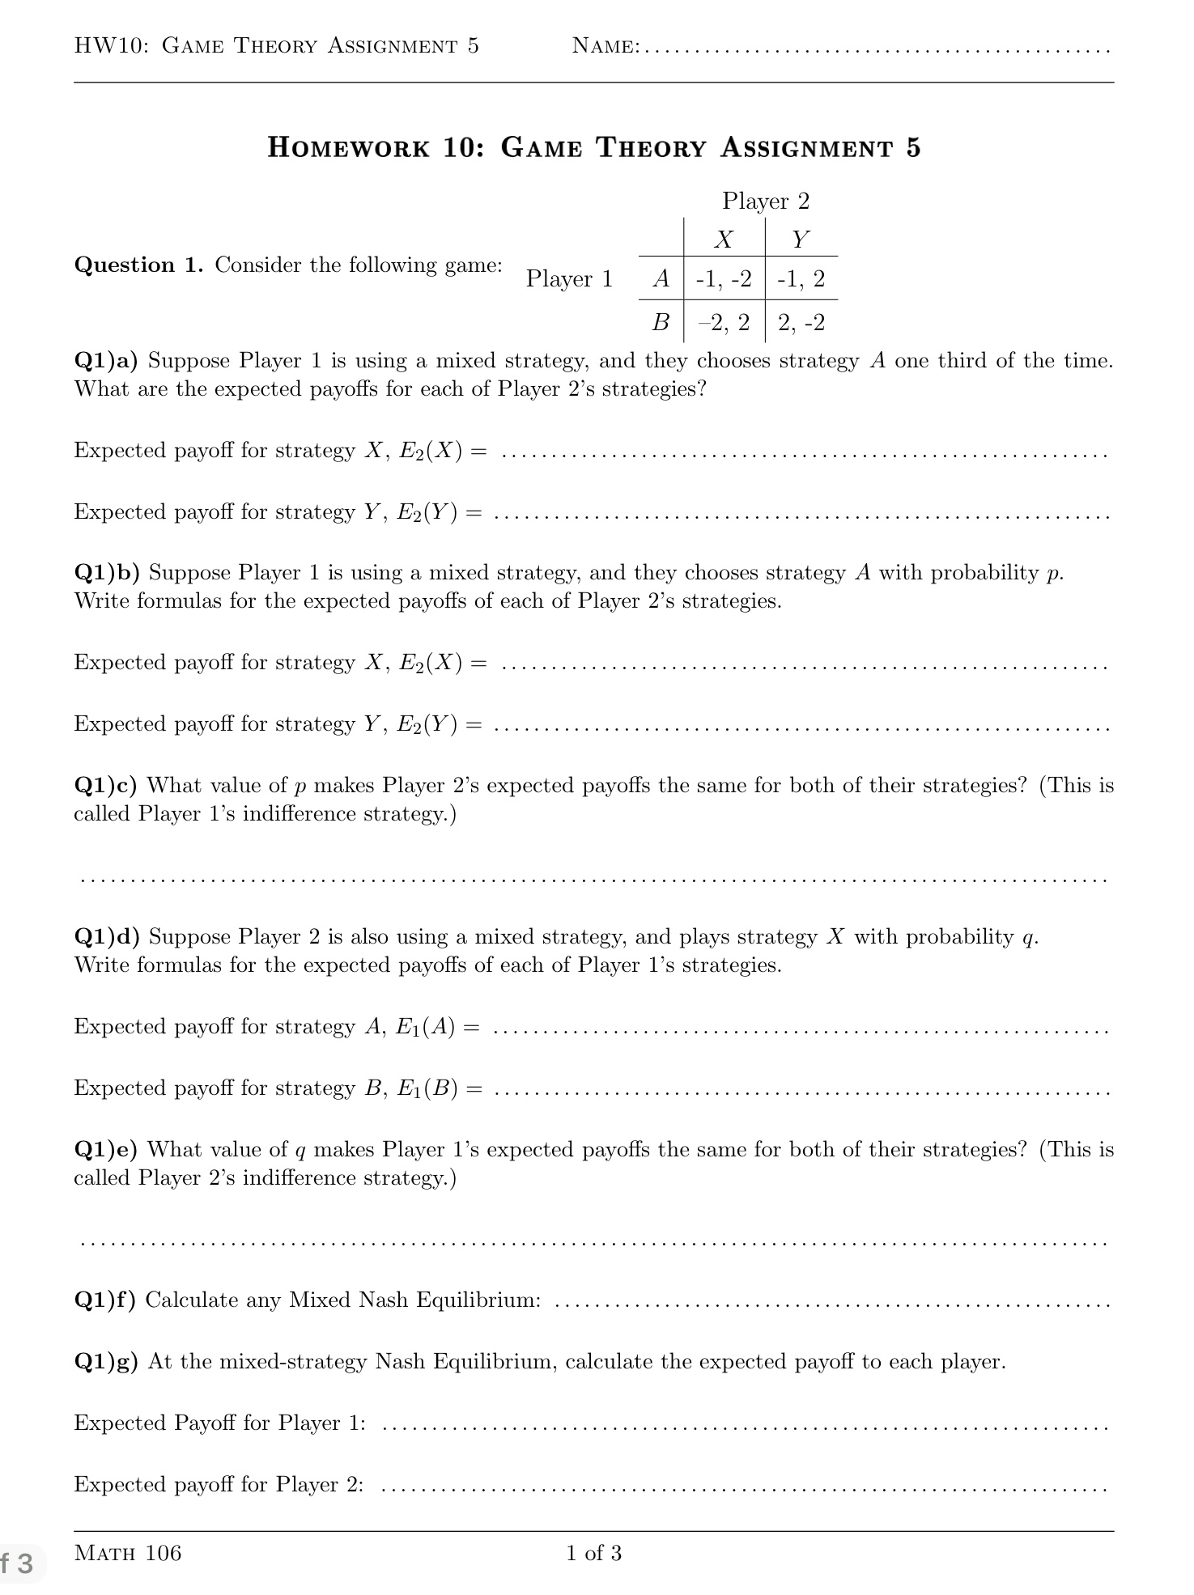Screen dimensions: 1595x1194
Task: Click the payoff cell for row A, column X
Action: [x=724, y=279]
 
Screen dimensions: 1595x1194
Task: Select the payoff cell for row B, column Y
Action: [x=801, y=323]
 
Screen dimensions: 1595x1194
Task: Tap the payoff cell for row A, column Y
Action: [x=801, y=279]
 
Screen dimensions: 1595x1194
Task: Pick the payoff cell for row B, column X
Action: [x=724, y=323]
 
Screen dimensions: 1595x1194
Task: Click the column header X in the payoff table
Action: [x=724, y=240]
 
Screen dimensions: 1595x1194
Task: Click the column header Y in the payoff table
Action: [x=801, y=240]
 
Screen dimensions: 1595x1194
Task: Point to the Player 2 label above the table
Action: [x=765, y=201]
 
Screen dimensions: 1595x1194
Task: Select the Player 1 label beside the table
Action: [x=570, y=279]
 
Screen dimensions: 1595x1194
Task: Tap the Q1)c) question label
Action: [x=105, y=786]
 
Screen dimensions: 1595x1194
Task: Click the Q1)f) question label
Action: [x=104, y=1300]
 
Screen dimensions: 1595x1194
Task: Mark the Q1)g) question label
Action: [x=106, y=1362]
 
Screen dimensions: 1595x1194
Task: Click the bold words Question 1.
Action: [x=138, y=265]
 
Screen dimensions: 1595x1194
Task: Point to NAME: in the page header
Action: [x=605, y=46]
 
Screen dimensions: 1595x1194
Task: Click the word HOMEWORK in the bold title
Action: [x=349, y=148]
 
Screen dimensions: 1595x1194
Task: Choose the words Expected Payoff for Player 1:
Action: [x=219, y=1423]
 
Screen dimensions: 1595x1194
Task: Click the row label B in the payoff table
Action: [x=661, y=323]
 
